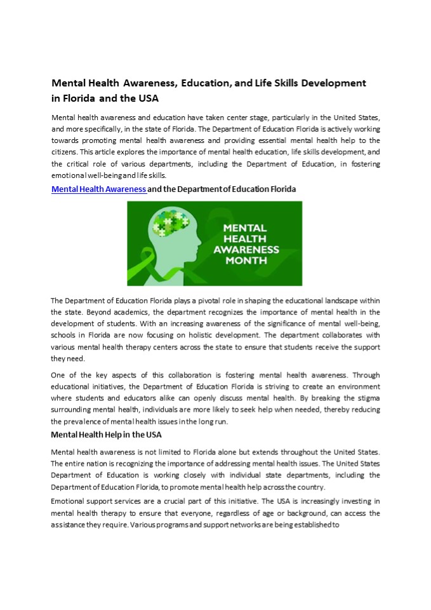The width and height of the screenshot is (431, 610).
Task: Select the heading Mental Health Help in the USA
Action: tap(106, 435)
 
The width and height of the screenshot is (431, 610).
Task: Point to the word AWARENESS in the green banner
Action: tap(246, 249)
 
